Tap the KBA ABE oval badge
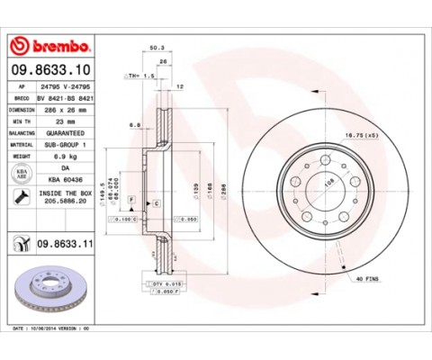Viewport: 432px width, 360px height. pyautogui.click(x=21, y=172)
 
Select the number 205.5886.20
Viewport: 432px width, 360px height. pyautogui.click(x=66, y=203)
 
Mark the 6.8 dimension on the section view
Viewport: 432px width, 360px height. pyautogui.click(x=133, y=124)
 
